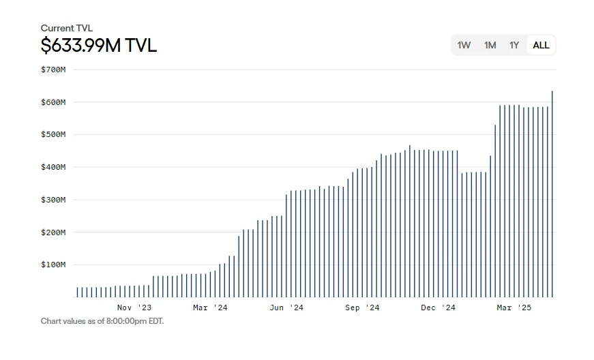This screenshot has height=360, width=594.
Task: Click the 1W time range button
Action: coord(464,45)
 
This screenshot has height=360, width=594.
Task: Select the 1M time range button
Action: coord(490,45)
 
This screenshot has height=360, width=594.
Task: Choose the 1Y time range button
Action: coord(514,45)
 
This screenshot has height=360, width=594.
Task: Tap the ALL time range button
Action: coord(541,45)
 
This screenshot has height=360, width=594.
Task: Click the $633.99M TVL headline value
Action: coord(98,46)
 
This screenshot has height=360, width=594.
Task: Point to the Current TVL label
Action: coord(66,28)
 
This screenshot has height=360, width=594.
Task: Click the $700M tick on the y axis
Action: coord(53,70)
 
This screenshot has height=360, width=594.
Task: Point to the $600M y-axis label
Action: coord(53,102)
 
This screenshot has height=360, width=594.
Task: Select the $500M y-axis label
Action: coord(53,134)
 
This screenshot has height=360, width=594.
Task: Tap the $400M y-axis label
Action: coord(53,167)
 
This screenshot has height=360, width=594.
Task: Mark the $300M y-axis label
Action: coord(53,200)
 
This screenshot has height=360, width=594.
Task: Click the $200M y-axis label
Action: coord(53,232)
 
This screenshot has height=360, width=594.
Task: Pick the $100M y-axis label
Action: coord(53,265)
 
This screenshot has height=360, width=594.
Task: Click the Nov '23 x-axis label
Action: coord(134,308)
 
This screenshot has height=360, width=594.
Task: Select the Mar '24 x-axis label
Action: coord(210,308)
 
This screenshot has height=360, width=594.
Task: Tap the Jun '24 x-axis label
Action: coord(286,308)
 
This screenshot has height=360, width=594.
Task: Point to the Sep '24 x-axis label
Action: coord(362,308)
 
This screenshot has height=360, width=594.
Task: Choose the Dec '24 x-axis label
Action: coord(438,308)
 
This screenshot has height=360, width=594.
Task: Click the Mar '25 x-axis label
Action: coord(514,308)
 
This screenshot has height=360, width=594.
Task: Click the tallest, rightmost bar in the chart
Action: coord(552,194)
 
